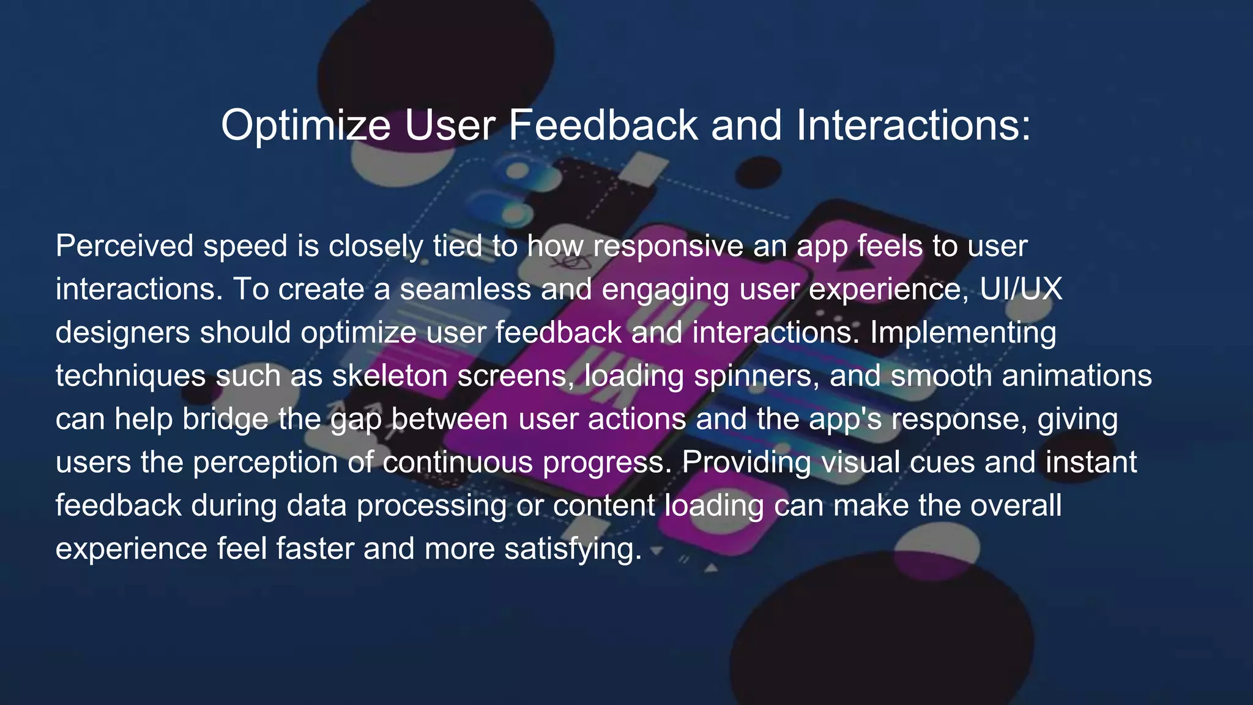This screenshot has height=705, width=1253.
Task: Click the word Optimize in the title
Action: click(x=305, y=126)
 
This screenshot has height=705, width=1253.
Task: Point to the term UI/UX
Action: click(x=1021, y=289)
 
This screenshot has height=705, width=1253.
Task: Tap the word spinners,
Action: click(x=756, y=376)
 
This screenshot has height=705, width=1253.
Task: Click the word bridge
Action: click(x=225, y=420)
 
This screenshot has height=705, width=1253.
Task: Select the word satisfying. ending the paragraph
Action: click(x=573, y=549)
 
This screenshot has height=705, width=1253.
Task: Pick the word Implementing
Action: click(x=963, y=333)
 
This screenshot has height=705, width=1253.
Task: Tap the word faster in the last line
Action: click(x=314, y=549)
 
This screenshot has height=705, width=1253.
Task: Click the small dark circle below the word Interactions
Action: click(x=757, y=172)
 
